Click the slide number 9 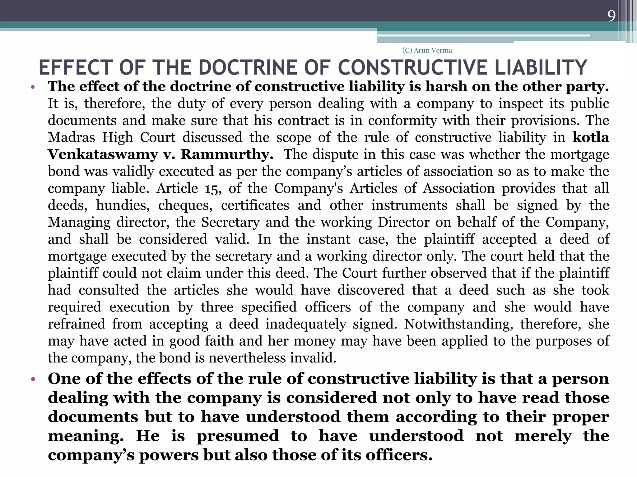(x=611, y=16)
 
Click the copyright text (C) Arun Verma (x=427, y=50)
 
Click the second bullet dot (x=33, y=379)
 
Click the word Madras (x=71, y=137)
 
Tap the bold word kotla (x=591, y=137)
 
